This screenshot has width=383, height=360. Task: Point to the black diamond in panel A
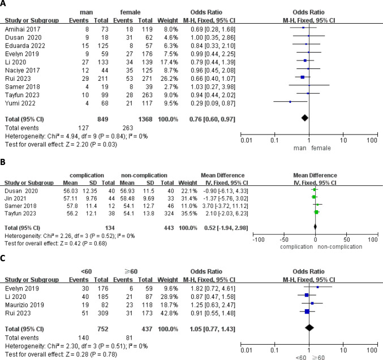[x=304, y=118]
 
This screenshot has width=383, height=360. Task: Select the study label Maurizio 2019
[x=26, y=306]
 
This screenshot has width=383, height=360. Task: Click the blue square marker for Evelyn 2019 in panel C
[x=318, y=287]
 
